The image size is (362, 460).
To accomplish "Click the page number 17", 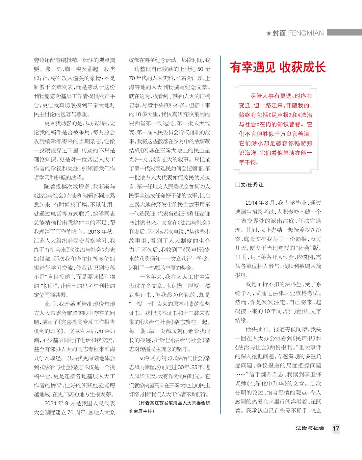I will pyautogui.click(x=336, y=429).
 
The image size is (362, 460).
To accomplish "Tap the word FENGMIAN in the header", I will pyautogui.click(x=306, y=33).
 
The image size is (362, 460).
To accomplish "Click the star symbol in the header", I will pyautogui.click(x=269, y=33).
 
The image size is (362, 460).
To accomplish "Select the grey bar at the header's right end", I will pyautogui.click(x=344, y=33).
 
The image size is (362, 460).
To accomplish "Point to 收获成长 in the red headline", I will pyautogui.click(x=302, y=67).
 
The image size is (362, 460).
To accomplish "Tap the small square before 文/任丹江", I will pyautogui.click(x=238, y=185).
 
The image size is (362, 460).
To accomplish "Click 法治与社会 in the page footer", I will pyautogui.click(x=310, y=428).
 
